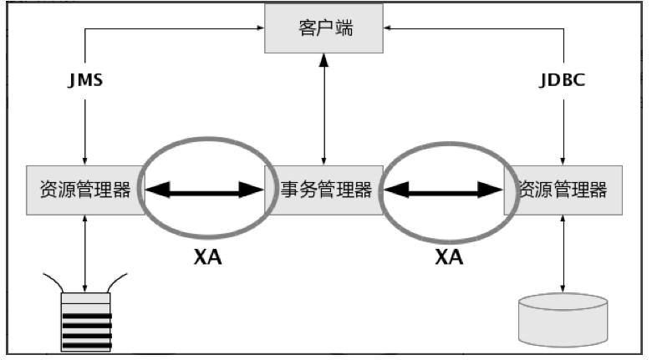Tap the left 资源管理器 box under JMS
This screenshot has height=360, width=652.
point(85,190)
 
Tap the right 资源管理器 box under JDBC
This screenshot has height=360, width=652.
point(563,190)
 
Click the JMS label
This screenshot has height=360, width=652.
point(85,83)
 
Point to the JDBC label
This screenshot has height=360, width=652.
point(563,83)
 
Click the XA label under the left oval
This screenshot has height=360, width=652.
point(206,257)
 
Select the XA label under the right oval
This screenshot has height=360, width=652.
point(449,257)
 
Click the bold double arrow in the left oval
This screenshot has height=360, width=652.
point(206,191)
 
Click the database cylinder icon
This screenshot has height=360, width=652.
point(563,319)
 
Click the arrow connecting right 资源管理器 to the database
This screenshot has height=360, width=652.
point(563,251)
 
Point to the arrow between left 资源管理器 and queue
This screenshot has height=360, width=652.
point(85,251)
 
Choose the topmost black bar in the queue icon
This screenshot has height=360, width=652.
point(85,306)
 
